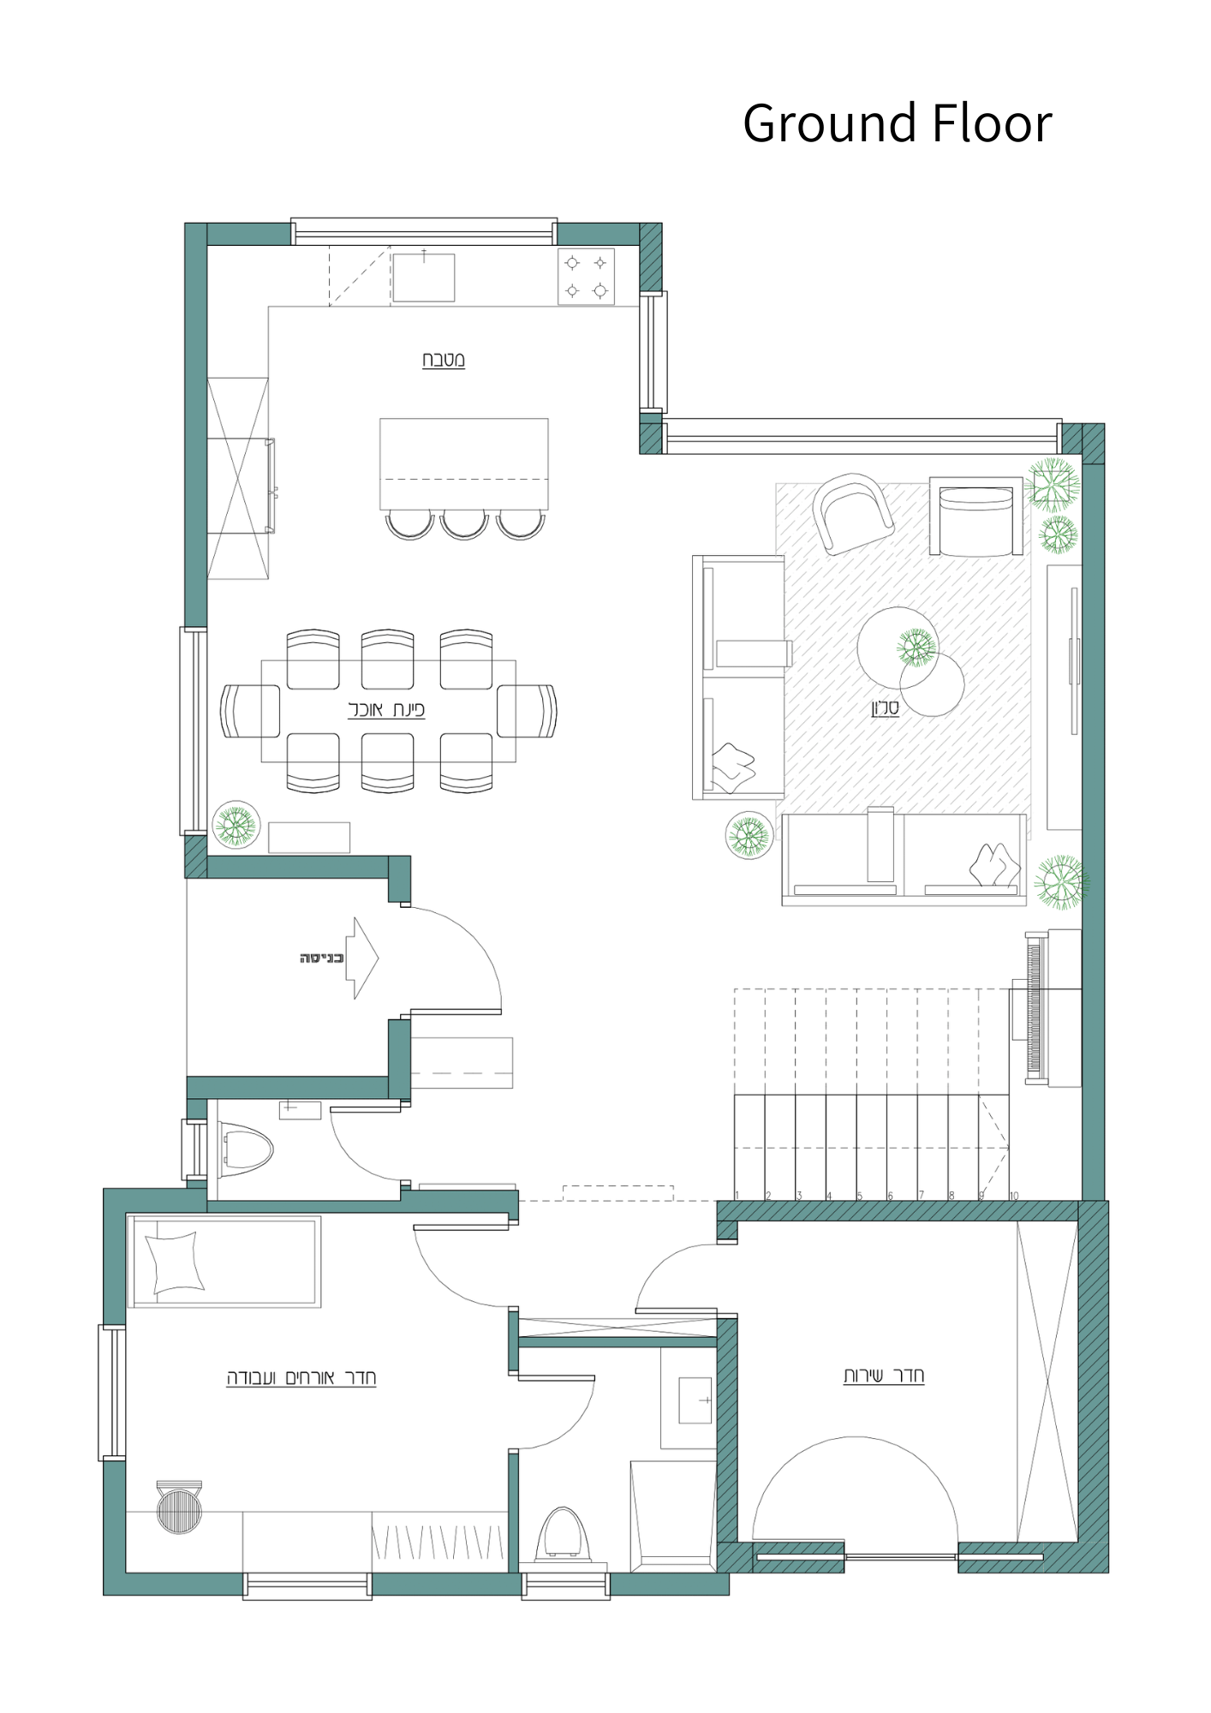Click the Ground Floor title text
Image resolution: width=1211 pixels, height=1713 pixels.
tap(896, 123)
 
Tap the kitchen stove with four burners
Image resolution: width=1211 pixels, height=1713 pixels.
tap(586, 276)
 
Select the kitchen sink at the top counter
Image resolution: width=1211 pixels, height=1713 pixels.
tap(423, 277)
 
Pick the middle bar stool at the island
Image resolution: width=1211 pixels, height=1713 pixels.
tap(464, 524)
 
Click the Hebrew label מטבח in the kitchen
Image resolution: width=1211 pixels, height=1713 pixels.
tap(443, 360)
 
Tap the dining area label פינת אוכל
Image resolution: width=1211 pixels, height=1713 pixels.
tap(386, 709)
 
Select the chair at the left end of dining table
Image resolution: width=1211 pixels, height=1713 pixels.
tap(250, 710)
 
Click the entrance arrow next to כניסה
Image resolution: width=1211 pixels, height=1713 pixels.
tap(364, 958)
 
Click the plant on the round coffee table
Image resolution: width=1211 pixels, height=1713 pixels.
tap(916, 648)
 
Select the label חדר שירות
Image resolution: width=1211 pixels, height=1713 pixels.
tap(883, 1376)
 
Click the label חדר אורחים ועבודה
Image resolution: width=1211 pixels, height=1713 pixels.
tap(301, 1377)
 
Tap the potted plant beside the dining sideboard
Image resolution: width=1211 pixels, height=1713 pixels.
tap(236, 825)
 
